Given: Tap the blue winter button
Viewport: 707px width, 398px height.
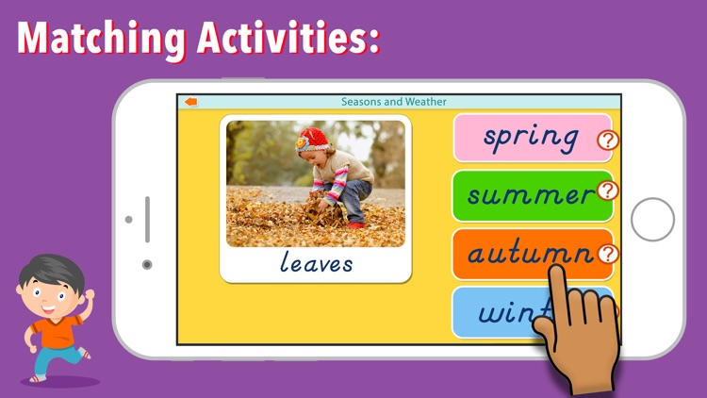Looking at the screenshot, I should point(500,311).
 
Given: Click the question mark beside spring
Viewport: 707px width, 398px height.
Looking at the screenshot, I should point(608,141).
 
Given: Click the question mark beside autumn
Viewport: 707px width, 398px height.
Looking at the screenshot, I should point(608,253).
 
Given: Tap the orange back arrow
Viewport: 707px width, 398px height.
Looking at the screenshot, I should point(191,102).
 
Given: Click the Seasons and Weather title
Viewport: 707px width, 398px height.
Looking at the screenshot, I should point(393,102).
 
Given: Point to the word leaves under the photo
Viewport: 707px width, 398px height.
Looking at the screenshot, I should point(316,262).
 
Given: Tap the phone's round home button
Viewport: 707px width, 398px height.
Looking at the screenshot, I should point(652,220).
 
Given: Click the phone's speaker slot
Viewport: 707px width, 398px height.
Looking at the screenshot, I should point(147,219).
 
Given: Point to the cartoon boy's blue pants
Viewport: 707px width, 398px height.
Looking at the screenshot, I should point(52,360).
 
